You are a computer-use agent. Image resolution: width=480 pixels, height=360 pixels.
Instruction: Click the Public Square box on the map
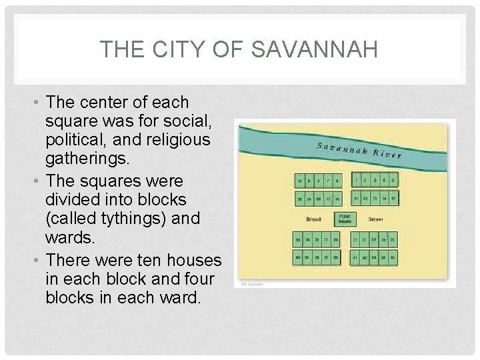pos(345,219)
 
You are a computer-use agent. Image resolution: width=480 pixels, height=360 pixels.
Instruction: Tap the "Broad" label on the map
pos(313,219)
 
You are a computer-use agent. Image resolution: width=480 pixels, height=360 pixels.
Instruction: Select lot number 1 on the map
pos(357,179)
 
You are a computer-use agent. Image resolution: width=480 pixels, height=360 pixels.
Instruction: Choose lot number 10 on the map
pos(301,179)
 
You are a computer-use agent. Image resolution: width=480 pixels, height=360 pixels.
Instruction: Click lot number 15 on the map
pos(395,198)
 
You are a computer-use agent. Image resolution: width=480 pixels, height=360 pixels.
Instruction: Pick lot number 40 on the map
pos(301,257)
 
